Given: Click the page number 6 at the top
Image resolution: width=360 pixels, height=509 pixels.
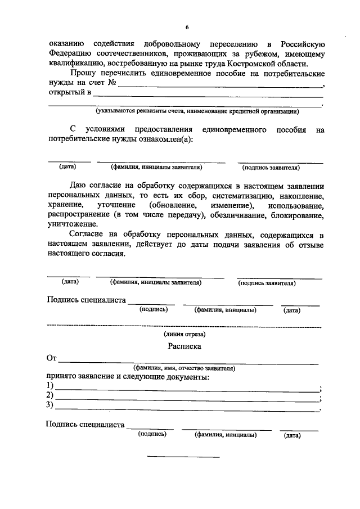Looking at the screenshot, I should pyautogui.click(x=187, y=28).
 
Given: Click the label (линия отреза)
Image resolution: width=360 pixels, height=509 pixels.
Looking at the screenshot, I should pyautogui.click(x=184, y=333).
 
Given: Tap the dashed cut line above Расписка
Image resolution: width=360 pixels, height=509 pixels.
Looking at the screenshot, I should pyautogui.click(x=184, y=326).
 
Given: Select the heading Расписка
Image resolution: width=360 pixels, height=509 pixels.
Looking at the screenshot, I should pyautogui.click(x=184, y=346).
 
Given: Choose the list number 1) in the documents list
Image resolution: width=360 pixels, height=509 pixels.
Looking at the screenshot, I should pyautogui.click(x=50, y=386).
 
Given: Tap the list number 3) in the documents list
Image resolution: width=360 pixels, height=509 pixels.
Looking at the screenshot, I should pyautogui.click(x=50, y=405).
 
